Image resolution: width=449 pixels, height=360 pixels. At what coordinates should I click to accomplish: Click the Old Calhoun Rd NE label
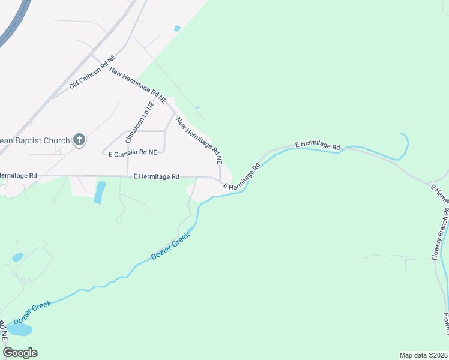[x=92, y=73]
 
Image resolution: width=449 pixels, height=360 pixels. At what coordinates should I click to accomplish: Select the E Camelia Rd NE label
[x=133, y=153]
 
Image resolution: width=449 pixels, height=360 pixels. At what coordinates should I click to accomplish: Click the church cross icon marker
[x=79, y=140]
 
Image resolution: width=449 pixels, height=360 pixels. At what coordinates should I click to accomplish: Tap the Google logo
[x=20, y=353]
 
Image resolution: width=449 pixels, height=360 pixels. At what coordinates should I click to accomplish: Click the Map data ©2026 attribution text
[x=424, y=355]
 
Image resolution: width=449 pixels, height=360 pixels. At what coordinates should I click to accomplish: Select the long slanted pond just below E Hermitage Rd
[x=100, y=192]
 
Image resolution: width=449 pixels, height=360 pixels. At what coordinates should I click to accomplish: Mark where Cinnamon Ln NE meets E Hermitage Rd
[x=128, y=176]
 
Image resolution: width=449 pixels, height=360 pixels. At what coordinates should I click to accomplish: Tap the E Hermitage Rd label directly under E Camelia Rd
[x=156, y=176]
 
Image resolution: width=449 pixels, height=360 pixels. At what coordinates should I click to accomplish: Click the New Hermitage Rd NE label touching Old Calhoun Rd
[x=137, y=84]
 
